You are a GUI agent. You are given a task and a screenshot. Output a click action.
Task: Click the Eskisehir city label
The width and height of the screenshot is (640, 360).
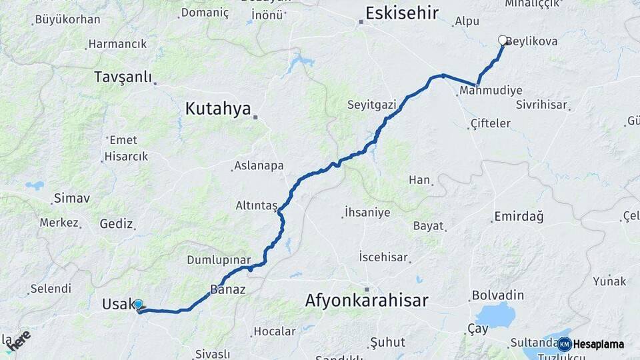coord(402,13)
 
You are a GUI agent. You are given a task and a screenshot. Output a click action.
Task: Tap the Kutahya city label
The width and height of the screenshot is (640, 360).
coord(218,109)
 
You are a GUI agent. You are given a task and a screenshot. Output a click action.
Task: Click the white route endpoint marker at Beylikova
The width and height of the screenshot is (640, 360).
coord(503,40)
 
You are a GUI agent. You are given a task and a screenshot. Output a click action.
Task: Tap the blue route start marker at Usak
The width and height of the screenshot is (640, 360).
coord(138,305)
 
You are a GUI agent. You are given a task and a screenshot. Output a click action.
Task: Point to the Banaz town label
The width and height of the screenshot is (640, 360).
coord(228,290)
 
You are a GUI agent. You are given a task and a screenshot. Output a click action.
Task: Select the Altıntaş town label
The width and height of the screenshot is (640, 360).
coord(256,206)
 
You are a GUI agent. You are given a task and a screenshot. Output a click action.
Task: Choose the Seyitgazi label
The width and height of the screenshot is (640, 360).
coord(371,105)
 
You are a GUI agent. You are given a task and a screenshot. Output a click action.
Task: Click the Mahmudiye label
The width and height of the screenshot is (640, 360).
coord(491,90)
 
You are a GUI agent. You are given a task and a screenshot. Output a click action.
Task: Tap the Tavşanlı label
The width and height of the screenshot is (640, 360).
coord(123,77)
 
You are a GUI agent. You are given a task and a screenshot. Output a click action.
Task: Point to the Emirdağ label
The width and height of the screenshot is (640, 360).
coord(519,217)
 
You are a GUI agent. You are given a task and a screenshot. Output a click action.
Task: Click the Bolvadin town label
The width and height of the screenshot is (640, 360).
coord(498,295)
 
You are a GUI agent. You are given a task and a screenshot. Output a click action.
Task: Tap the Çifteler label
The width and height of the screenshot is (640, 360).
coord(490,123)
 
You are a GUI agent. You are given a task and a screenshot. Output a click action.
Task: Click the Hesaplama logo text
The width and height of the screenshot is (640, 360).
coord(599,344)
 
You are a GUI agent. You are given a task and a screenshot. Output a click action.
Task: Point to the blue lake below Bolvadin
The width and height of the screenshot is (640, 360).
coord(495,315)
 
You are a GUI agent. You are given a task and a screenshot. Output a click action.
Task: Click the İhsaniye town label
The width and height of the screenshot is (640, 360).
coord(367,213)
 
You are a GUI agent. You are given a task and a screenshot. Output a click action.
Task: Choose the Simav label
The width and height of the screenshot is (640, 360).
coord(72,198)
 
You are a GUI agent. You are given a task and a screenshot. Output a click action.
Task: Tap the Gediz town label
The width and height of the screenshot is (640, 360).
coord(117,224)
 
